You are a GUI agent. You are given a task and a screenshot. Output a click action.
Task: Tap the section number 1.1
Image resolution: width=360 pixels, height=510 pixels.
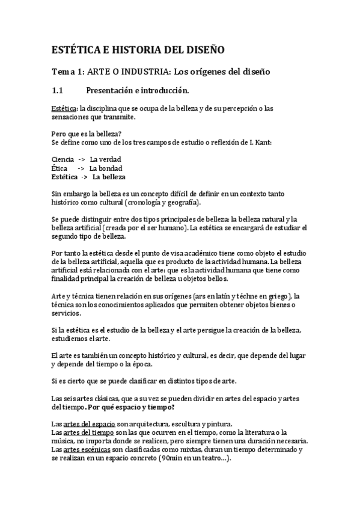tap(58, 91)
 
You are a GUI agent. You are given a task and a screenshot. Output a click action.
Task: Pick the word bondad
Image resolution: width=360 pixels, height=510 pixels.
tap(109, 168)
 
